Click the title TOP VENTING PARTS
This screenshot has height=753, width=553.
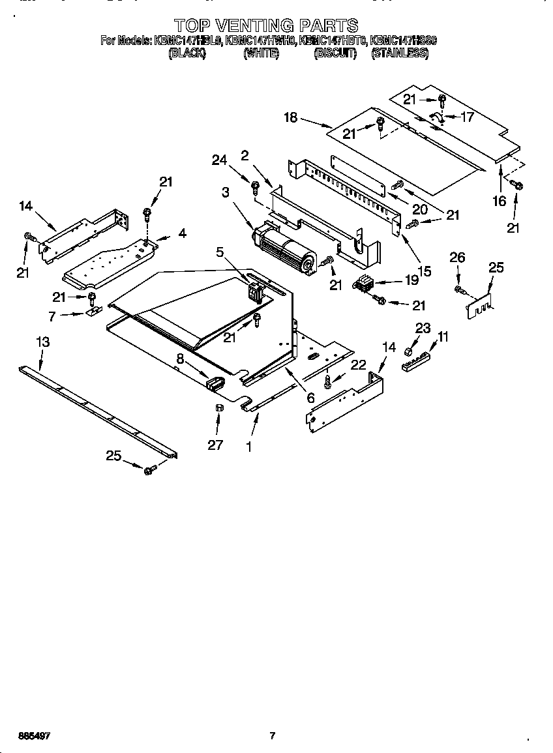(267, 25)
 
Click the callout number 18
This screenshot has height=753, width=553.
(291, 117)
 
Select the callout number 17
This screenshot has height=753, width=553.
(467, 117)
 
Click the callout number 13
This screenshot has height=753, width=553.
(42, 342)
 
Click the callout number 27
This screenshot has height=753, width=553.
(216, 445)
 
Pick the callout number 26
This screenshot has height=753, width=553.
(457, 258)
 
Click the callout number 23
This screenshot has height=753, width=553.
(423, 329)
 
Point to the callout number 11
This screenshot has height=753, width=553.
(443, 336)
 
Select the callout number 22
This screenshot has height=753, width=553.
(358, 365)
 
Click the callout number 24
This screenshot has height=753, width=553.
(220, 160)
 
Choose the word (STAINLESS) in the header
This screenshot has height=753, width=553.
(399, 54)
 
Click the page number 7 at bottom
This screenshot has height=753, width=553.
(273, 736)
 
